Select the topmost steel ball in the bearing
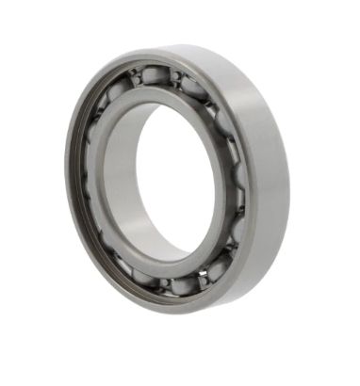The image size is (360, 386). pyautogui.click(x=155, y=74)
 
